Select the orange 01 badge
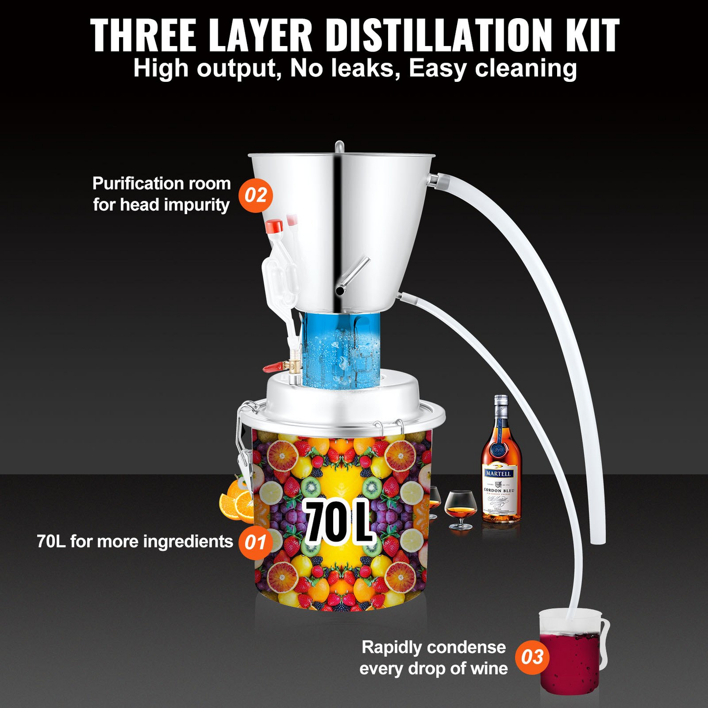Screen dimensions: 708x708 255,542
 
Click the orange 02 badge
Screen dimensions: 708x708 255,195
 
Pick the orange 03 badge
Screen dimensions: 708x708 532,657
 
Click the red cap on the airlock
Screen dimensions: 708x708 274,226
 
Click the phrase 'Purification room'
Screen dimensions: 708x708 161,184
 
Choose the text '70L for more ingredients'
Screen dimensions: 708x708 135,541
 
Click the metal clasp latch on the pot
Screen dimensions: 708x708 244,443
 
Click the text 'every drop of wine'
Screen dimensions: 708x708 433,668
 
